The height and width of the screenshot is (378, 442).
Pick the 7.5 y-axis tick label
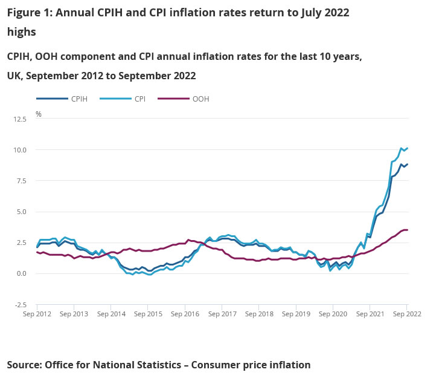click(x=22, y=181)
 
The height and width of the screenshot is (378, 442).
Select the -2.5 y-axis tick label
click(x=21, y=305)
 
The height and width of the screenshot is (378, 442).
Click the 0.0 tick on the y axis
click(x=22, y=274)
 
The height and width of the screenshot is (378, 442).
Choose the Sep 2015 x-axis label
click(x=148, y=314)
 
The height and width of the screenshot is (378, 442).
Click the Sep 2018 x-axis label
click(x=258, y=314)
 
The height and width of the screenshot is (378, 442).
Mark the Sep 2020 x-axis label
click(x=333, y=314)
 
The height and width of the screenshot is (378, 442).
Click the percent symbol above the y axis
click(x=39, y=114)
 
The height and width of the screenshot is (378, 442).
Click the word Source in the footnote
click(x=25, y=365)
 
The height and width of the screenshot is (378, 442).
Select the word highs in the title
click(x=22, y=31)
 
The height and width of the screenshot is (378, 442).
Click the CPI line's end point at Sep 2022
click(x=408, y=148)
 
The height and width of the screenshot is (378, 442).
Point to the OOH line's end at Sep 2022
click(x=408, y=230)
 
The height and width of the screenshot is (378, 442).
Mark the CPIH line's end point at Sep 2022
click(x=408, y=165)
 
